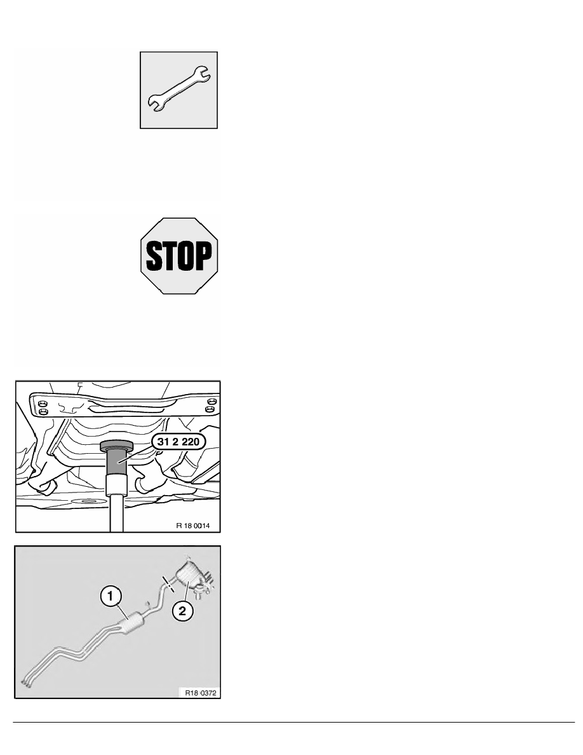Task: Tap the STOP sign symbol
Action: pos(178,255)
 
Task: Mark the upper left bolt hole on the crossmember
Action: pos(43,402)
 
